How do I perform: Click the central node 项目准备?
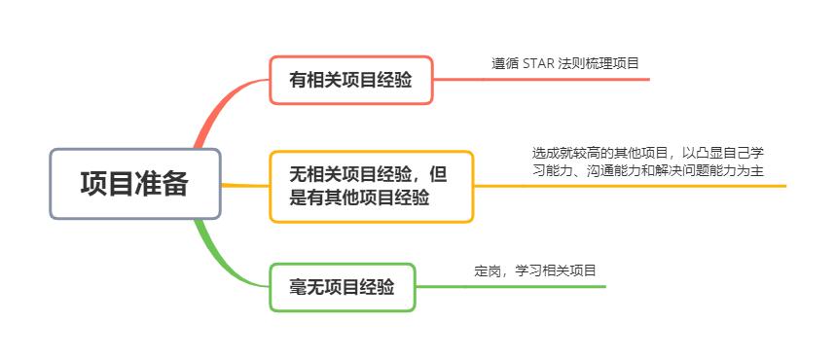tap(135, 183)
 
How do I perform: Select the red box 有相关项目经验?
tap(350, 80)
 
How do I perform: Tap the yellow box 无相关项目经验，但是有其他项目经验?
tap(371, 186)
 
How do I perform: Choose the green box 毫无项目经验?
tap(342, 287)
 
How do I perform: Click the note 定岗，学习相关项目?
tap(534, 270)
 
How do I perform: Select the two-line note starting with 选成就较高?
tap(647, 162)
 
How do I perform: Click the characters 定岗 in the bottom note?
tap(488, 270)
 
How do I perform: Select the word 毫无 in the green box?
tap(305, 287)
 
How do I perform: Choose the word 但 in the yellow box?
tap(438, 174)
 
